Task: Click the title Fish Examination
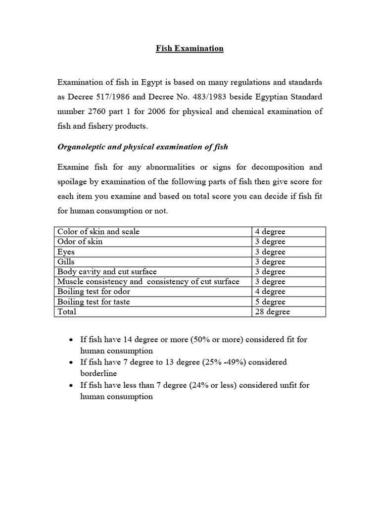point(190,49)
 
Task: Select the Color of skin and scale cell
point(98,232)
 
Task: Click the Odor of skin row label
point(80,242)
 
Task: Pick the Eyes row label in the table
point(66,252)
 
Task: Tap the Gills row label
point(66,262)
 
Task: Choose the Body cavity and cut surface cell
point(107,272)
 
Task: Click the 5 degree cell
point(270,302)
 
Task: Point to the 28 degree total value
point(273,312)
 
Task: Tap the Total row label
point(67,312)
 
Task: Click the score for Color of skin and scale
point(270,232)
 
